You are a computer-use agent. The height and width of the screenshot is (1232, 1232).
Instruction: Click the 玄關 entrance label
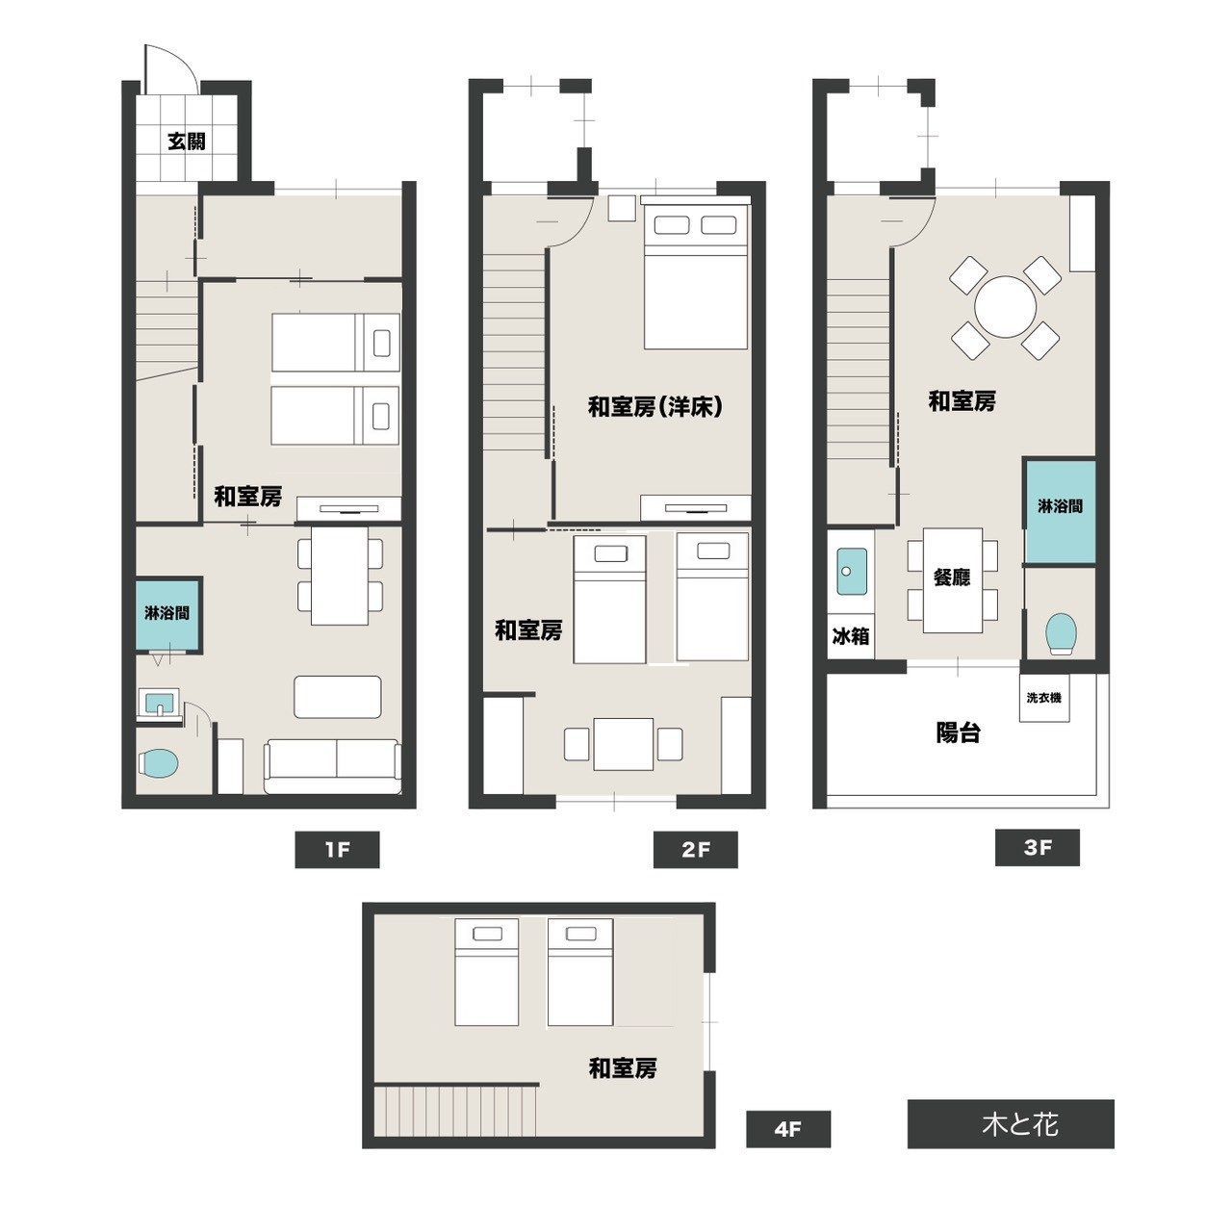pyautogui.click(x=187, y=141)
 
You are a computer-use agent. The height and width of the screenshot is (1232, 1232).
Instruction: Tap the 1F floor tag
pyautogui.click(x=337, y=850)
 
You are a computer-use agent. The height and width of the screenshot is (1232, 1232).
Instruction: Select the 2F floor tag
pyautogui.click(x=696, y=850)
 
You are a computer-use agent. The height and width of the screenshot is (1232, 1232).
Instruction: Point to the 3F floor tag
pyautogui.click(x=1038, y=848)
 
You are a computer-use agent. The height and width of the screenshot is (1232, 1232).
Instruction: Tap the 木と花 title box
pyautogui.click(x=1011, y=1124)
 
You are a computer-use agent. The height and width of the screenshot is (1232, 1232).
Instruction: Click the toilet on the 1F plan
pyautogui.click(x=159, y=763)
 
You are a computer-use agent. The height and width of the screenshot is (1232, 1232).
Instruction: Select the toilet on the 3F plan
pyautogui.click(x=1061, y=634)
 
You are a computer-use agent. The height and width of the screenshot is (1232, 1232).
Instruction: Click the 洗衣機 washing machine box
pyautogui.click(x=1044, y=698)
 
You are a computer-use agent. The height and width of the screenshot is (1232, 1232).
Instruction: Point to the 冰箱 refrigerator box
pyautogui.click(x=850, y=637)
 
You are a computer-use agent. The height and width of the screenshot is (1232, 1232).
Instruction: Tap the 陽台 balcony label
pyautogui.click(x=958, y=732)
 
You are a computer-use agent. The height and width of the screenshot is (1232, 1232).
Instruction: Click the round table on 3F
pyautogui.click(x=1005, y=307)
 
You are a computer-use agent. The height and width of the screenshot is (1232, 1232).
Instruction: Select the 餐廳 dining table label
pyautogui.click(x=952, y=577)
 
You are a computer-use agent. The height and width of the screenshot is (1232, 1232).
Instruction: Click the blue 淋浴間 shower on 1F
pyautogui.click(x=168, y=614)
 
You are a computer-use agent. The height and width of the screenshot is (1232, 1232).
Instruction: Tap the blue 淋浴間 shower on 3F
pyautogui.click(x=1060, y=510)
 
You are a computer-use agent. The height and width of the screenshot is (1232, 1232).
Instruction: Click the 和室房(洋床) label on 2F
pyautogui.click(x=655, y=407)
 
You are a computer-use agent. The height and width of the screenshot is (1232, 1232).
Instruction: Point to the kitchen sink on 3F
pyautogui.click(x=850, y=571)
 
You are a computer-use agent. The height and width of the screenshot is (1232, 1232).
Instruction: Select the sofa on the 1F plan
pyautogui.click(x=333, y=766)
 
